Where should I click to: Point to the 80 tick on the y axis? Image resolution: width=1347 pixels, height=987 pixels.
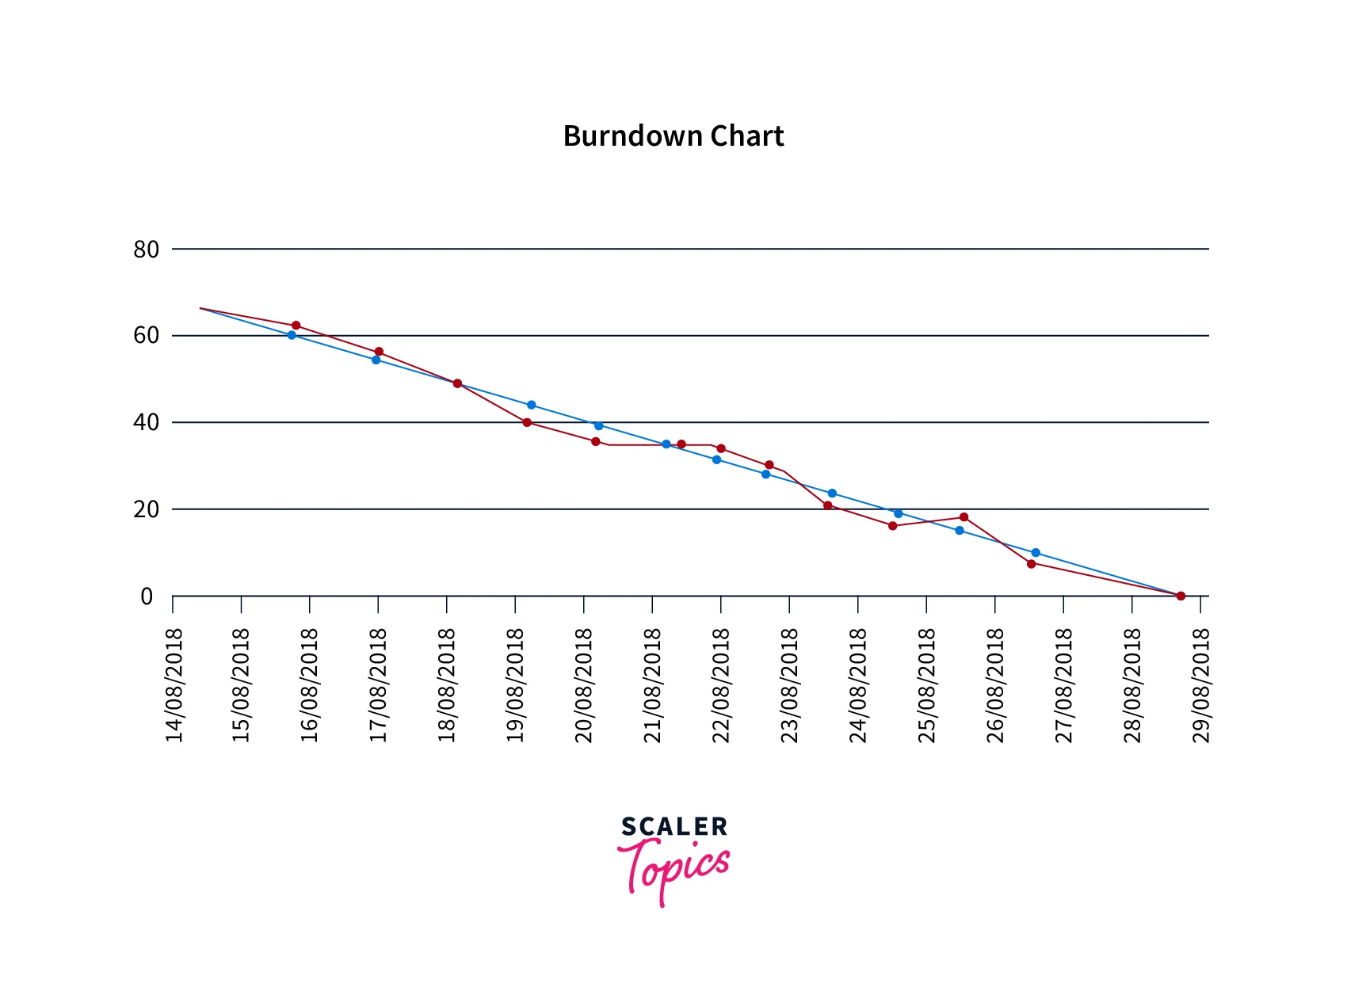click(147, 250)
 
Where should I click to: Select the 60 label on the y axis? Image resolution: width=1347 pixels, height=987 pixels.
click(147, 336)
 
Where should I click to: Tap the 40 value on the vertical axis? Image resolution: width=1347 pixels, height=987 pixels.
click(147, 422)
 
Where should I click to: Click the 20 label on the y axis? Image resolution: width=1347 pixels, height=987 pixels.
click(147, 509)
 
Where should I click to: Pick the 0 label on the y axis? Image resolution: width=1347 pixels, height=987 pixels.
click(147, 596)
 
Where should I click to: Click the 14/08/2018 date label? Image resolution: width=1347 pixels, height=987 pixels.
click(174, 685)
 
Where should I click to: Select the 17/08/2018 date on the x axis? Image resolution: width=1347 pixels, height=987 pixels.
click(379, 685)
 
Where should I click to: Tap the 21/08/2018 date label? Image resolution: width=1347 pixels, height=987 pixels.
click(653, 685)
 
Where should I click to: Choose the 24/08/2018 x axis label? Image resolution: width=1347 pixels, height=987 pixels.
click(858, 685)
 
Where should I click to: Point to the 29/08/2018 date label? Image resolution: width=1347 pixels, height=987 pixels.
click(1201, 685)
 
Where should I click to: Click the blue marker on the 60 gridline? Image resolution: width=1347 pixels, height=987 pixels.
click(292, 335)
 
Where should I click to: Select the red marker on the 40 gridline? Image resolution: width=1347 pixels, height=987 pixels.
click(527, 422)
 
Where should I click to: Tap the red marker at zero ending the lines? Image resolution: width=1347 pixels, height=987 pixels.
click(1181, 596)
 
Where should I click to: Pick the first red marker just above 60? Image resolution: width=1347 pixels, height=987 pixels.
click(296, 326)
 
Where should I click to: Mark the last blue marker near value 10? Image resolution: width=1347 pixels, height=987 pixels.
click(1036, 552)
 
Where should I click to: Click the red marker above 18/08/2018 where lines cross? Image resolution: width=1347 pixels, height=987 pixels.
click(457, 383)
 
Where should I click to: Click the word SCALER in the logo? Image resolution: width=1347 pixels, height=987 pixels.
click(674, 827)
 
